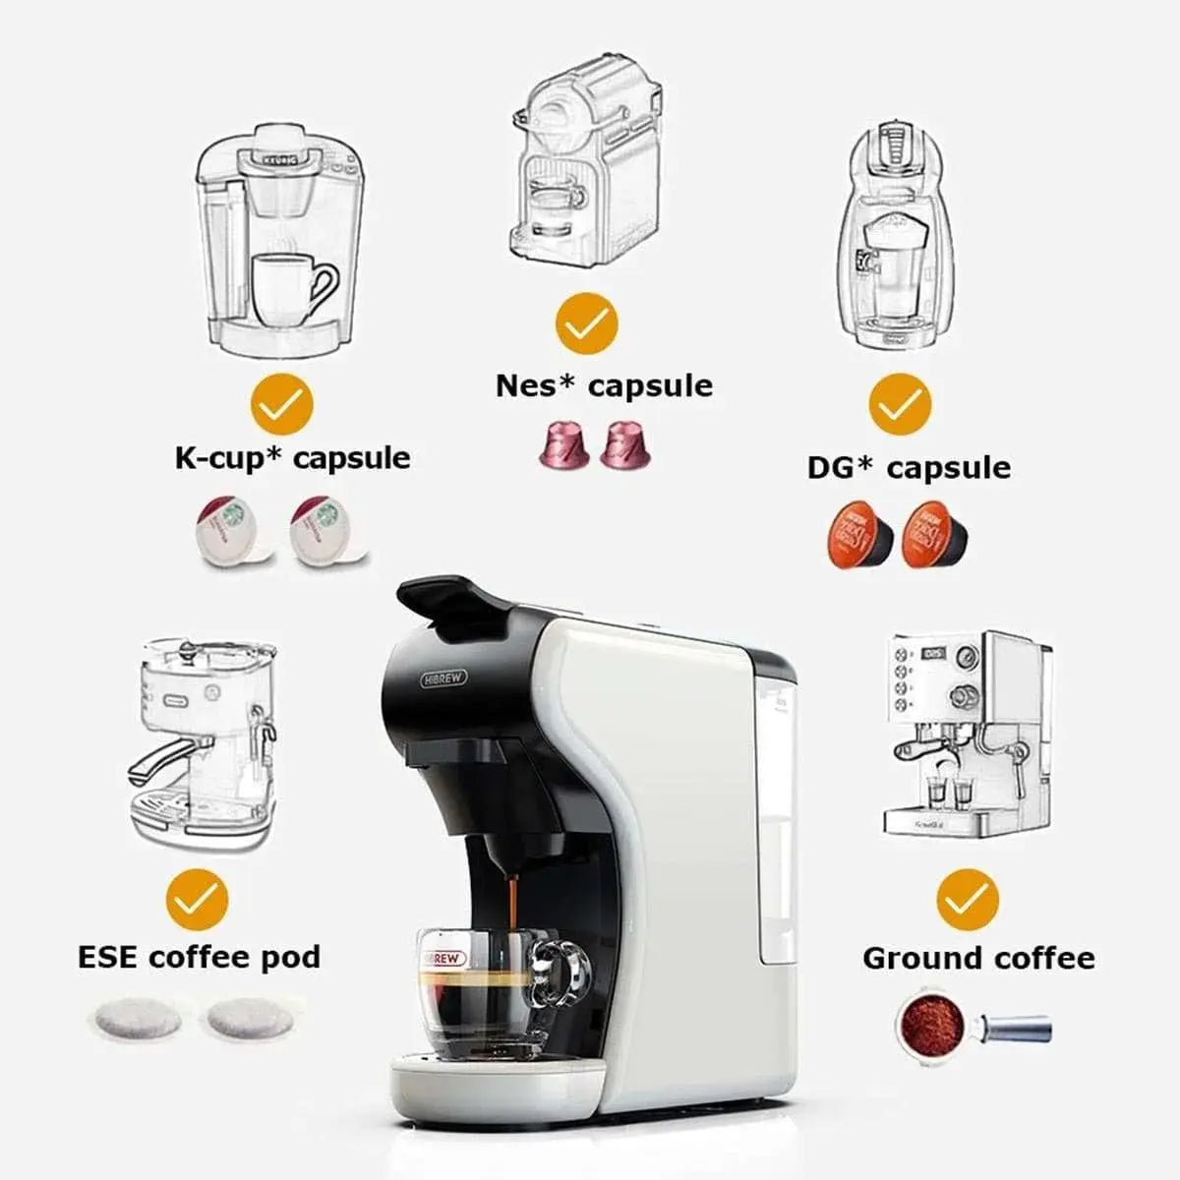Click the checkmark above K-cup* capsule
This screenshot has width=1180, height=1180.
281,404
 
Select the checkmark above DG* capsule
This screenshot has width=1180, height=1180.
900,404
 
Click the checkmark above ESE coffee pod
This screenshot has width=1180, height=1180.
197,899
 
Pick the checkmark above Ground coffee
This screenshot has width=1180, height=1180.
968,899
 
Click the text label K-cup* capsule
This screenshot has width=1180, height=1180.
292,458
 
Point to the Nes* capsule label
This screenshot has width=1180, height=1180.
604,385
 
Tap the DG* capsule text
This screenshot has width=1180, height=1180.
909,467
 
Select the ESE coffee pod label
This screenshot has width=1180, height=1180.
200,957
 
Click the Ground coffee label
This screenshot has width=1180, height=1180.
978,958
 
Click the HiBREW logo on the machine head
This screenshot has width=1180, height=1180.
444,678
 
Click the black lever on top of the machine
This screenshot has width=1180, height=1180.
452,598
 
